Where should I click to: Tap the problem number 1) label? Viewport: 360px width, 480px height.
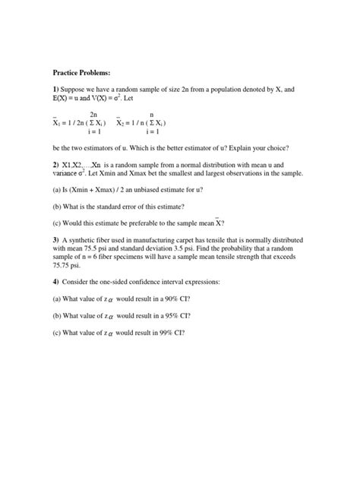click(x=55, y=90)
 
